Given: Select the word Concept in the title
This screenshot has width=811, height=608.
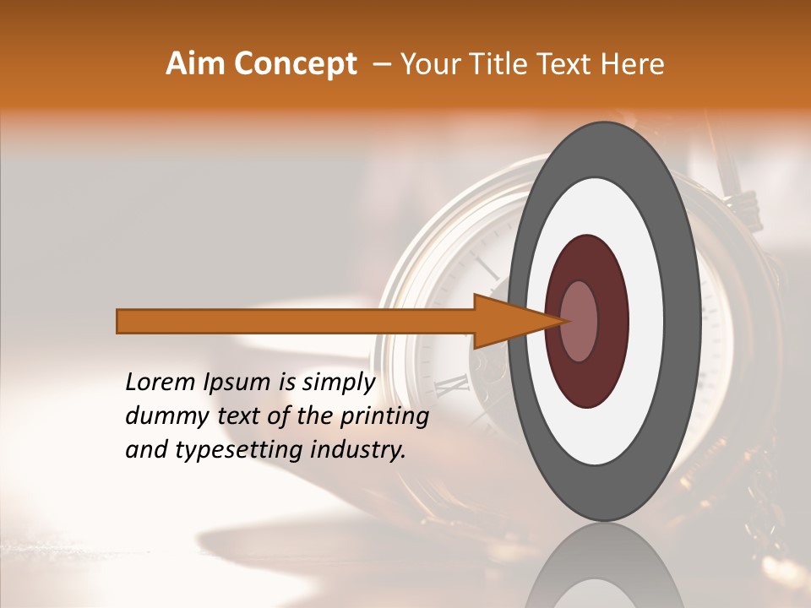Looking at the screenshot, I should click(295, 64).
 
